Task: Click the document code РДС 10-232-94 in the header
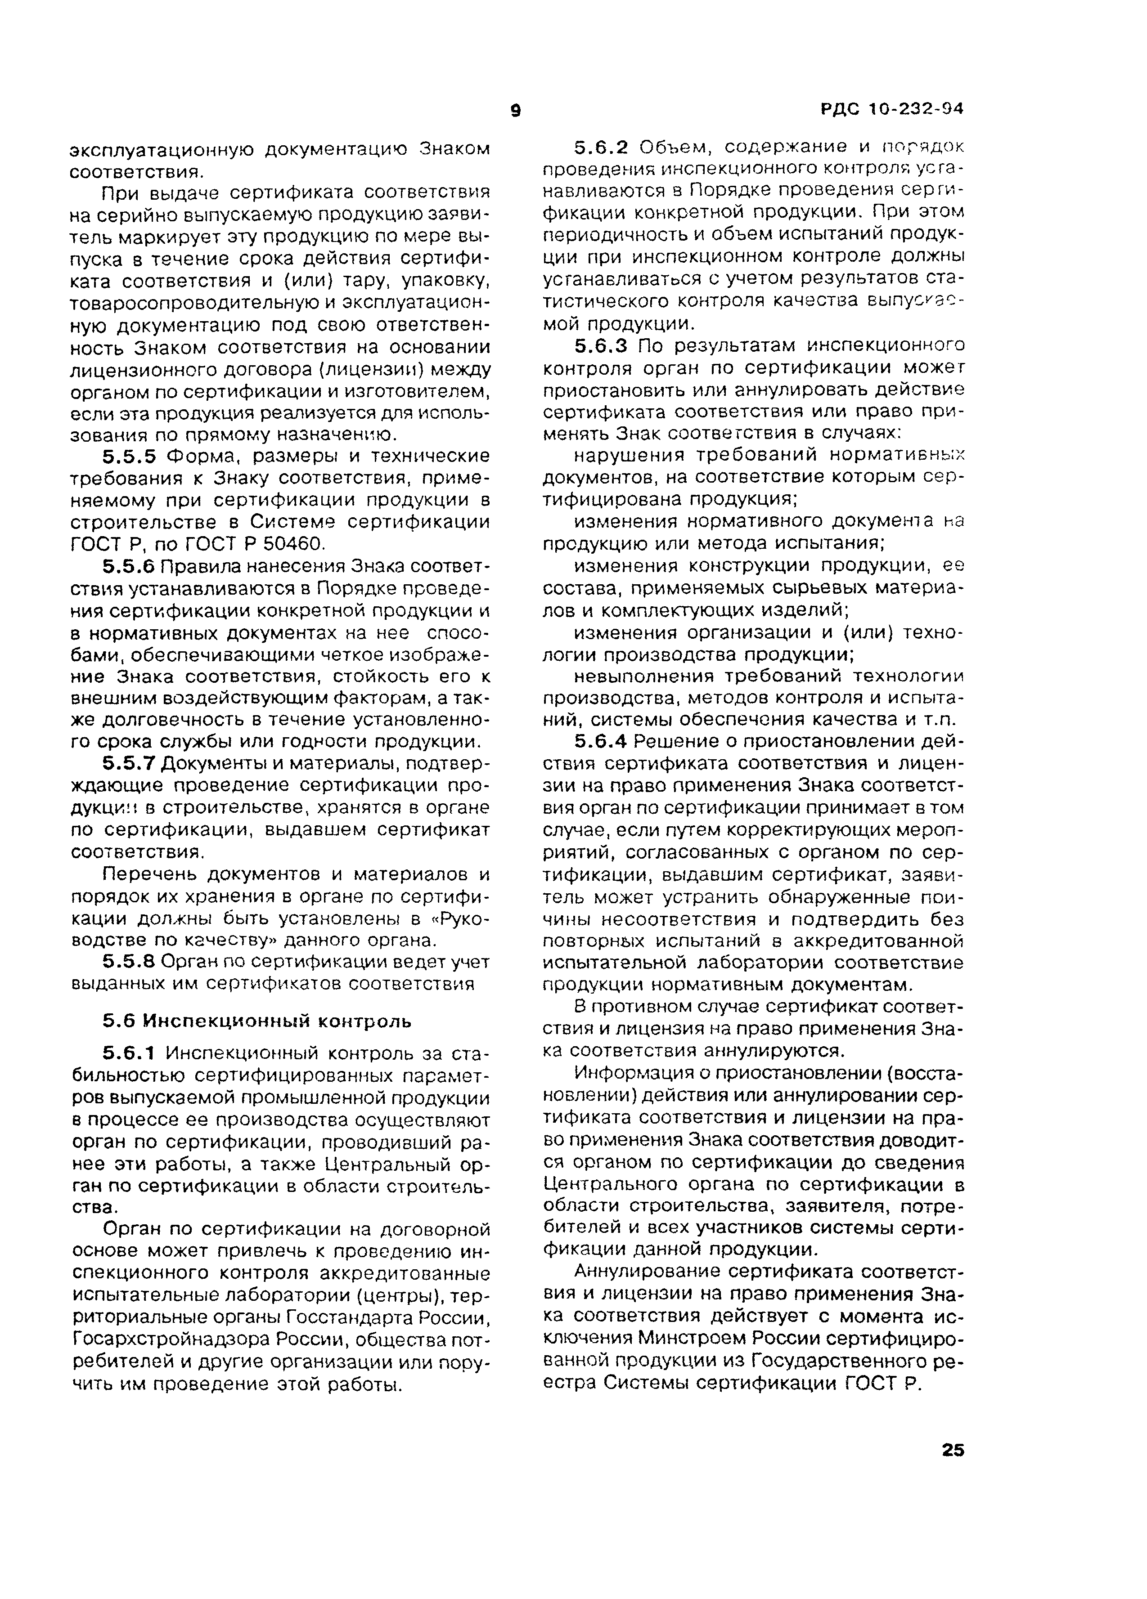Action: pyautogui.click(x=892, y=109)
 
